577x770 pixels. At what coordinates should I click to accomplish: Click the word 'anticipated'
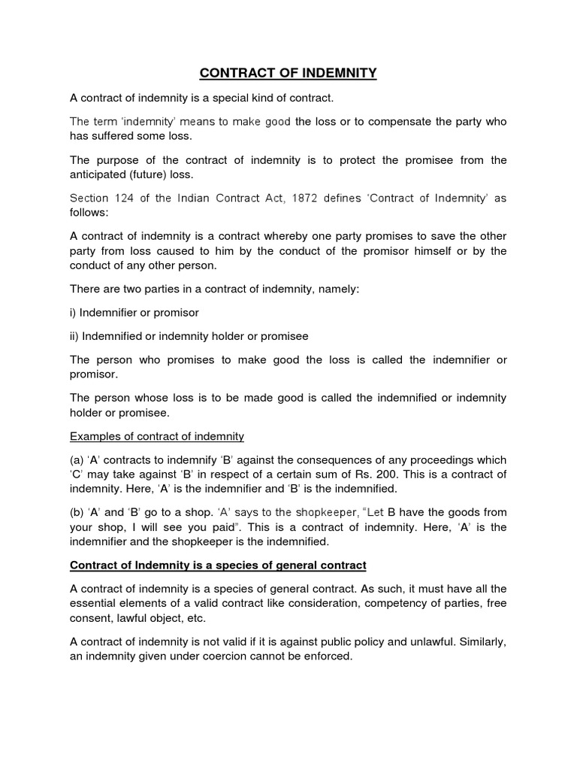point(102,174)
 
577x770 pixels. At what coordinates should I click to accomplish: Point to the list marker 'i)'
point(74,312)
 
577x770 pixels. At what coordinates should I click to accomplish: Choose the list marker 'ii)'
point(75,336)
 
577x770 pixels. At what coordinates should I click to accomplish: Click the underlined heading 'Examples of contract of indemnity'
point(156,436)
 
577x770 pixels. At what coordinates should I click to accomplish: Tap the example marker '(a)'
point(79,460)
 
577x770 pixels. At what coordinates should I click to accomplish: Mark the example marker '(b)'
point(79,513)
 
